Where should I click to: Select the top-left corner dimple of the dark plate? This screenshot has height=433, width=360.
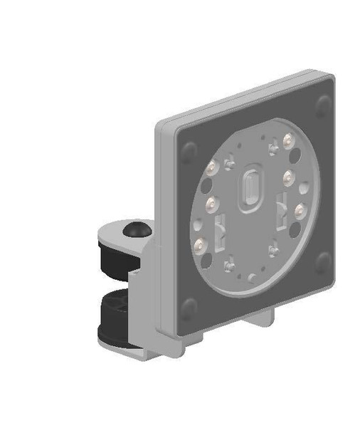190,152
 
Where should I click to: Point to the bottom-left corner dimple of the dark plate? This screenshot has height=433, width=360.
188,308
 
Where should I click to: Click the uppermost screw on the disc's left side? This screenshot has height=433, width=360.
211,169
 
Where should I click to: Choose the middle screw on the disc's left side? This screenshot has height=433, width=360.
211,205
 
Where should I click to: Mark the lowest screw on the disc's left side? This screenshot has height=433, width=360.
201,246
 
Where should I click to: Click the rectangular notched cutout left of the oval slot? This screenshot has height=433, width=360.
221,229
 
